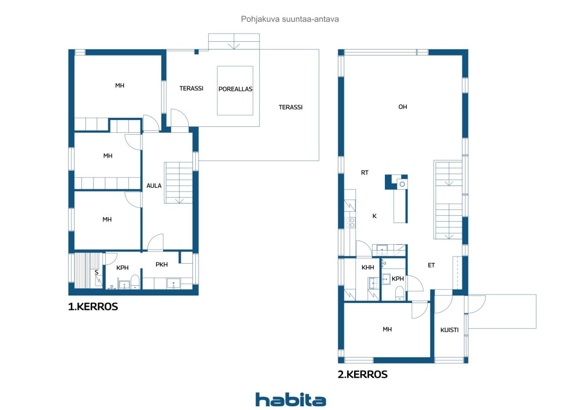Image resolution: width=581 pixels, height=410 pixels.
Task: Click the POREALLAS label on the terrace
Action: [x=235, y=89]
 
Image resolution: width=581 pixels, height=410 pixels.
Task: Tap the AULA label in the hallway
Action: [x=154, y=186]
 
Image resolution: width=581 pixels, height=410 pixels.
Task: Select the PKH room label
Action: [x=162, y=264]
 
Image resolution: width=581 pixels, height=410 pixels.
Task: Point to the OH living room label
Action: [x=403, y=106]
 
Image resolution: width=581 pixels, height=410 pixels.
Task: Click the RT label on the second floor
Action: [x=364, y=173]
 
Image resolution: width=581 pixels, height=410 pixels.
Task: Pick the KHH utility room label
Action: [x=368, y=267]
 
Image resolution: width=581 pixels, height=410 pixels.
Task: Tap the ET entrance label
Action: [x=431, y=265]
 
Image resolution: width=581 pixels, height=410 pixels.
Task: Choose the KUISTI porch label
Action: [x=449, y=330]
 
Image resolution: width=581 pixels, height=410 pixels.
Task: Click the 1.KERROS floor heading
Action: [x=93, y=306]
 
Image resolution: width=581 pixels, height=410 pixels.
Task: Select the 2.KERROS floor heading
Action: [x=363, y=374]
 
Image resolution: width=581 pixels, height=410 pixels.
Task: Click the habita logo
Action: [x=290, y=400]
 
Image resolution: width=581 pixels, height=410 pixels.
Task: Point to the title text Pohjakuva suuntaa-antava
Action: [x=290, y=19]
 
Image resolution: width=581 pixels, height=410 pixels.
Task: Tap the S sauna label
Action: [x=97, y=272]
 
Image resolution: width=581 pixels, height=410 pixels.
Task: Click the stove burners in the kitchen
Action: [x=350, y=223]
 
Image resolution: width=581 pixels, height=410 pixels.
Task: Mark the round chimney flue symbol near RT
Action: [x=402, y=184]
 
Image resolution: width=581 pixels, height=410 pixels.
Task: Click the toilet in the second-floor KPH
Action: [x=399, y=293]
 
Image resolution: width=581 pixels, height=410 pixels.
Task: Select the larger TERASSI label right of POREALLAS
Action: [x=290, y=107]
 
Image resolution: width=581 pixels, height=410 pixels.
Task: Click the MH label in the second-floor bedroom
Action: [x=387, y=329]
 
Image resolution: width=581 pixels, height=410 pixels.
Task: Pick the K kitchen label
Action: [x=374, y=216]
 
